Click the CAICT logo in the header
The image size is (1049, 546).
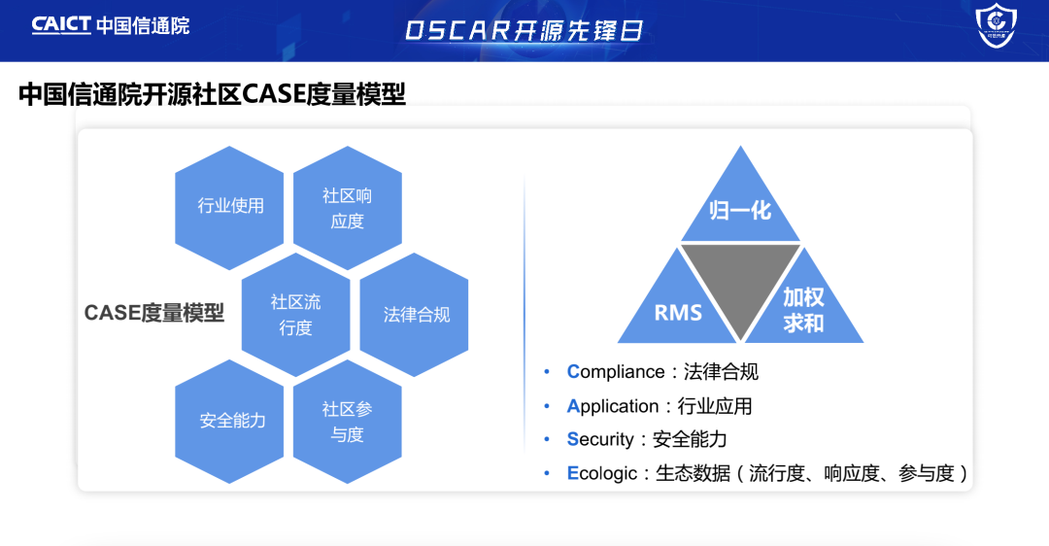click(62, 25)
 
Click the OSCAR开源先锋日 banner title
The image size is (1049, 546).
click(524, 30)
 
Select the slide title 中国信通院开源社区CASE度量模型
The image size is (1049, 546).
click(212, 94)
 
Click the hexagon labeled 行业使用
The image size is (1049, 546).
click(230, 206)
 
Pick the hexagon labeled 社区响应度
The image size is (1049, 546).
click(347, 208)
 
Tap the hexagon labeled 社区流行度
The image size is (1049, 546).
click(295, 315)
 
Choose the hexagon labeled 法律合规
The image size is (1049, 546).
click(416, 315)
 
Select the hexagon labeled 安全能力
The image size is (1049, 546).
click(231, 421)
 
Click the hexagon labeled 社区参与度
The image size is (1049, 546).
click(347, 422)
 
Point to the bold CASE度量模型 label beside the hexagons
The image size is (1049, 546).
click(153, 313)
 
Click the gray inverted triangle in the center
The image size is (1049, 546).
click(741, 282)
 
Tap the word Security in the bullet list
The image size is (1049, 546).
click(600, 439)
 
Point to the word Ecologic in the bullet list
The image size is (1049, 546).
click(602, 473)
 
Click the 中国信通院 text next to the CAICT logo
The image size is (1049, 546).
click(144, 25)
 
